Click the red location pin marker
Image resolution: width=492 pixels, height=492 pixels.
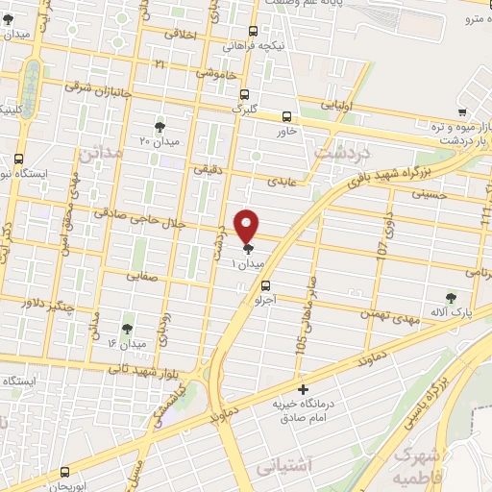(x=247, y=226)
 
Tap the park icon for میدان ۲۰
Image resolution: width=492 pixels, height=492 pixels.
(x=160, y=126)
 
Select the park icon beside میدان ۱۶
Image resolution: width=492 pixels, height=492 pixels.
(x=127, y=329)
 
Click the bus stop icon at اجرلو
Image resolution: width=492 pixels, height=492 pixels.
(x=266, y=284)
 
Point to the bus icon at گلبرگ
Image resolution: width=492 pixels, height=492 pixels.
(x=244, y=94)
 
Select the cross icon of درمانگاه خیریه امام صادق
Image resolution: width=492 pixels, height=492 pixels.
(x=304, y=389)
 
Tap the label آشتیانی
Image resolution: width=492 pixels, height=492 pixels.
(x=285, y=466)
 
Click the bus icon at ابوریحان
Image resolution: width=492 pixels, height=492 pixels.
(x=64, y=472)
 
